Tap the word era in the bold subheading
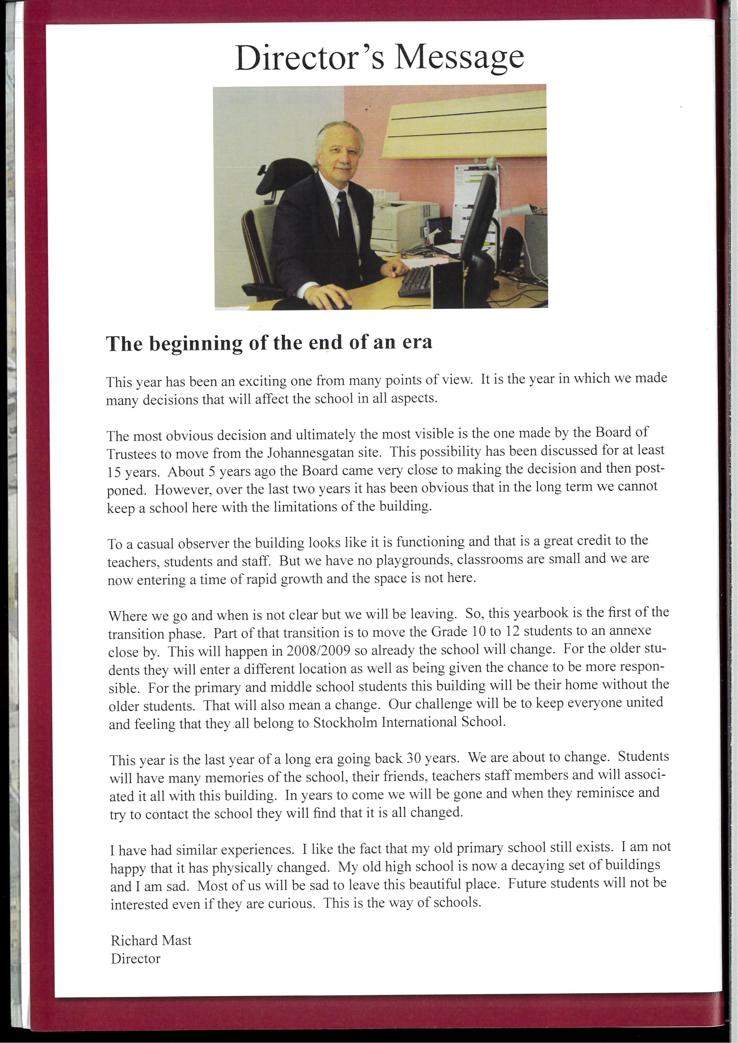pos(417,342)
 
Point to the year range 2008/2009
pos(318,651)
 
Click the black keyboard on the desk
pos(415,282)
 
